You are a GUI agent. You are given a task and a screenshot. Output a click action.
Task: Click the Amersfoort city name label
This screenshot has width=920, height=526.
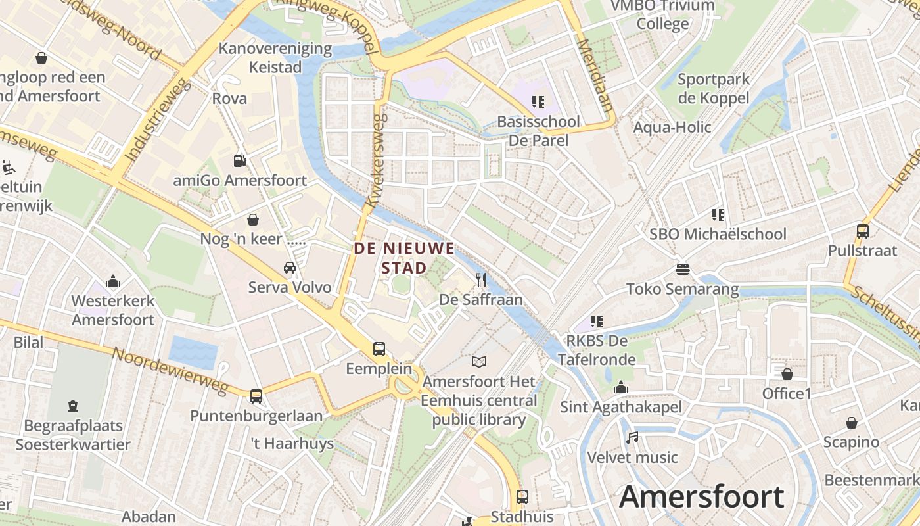point(702,496)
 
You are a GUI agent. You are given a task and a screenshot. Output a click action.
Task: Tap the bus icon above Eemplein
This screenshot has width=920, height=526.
point(379,348)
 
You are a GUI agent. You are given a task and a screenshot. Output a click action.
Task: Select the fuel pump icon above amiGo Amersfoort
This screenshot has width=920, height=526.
point(240,160)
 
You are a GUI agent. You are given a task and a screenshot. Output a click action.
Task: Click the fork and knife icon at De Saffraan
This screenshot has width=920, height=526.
point(481,280)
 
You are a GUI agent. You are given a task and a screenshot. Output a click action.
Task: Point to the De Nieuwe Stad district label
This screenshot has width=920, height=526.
point(404,258)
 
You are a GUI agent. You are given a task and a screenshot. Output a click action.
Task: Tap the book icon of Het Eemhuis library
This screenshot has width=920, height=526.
point(480,362)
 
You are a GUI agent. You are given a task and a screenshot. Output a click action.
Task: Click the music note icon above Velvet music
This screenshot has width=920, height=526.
point(632,437)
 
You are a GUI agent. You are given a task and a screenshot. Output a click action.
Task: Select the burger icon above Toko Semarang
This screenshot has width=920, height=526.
point(682,270)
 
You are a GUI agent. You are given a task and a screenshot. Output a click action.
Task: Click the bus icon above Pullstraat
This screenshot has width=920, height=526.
point(863,231)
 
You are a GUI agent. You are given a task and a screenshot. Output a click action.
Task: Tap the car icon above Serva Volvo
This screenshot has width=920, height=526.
point(289,268)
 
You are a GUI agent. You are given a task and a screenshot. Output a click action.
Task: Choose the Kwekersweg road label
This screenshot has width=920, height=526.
point(377,161)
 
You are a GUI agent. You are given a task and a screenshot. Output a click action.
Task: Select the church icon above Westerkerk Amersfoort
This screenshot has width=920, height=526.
point(113,281)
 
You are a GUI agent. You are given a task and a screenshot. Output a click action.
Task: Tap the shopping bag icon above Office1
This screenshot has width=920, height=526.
point(787,374)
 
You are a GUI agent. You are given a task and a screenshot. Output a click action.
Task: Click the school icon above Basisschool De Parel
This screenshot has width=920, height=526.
point(538,102)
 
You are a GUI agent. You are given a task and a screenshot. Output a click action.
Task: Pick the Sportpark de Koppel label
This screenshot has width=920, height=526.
point(713,89)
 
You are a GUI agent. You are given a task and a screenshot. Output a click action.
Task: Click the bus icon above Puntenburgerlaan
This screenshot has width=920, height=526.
point(256,396)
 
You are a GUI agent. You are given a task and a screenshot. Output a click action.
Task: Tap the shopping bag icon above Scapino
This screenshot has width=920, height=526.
point(851,423)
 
